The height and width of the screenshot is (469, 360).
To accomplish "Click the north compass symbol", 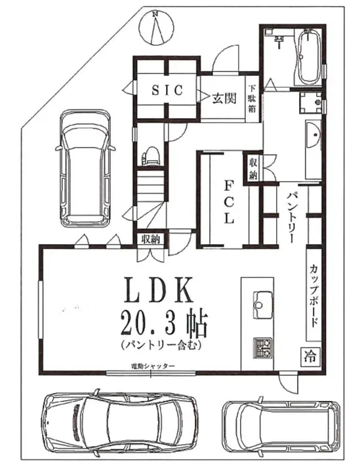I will click(155, 29).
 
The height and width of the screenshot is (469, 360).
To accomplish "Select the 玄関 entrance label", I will click(224, 99).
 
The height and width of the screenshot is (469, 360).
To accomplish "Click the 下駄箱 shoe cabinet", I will click(252, 98).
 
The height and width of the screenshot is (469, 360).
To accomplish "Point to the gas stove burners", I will click(264, 348).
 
